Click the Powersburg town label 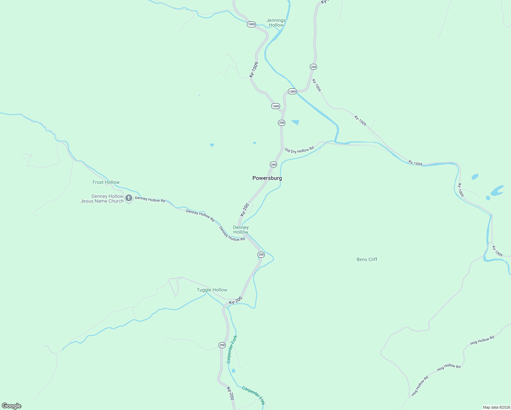coord(267,178)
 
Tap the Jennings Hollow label coord(276,23)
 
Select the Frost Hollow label coord(106,182)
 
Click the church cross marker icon coord(129,198)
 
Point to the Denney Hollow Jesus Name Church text coord(102,199)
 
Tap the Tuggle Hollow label coord(212,290)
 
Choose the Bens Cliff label coord(367,259)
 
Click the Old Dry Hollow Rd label coord(299,150)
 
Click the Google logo coord(12,406)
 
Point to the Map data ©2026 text coord(496,407)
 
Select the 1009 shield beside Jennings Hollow coord(251,24)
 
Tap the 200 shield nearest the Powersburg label coord(273,165)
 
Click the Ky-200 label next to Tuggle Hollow coord(236,300)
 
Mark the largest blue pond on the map coord(497,191)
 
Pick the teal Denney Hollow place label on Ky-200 coord(241,230)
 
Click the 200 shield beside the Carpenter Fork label coord(222,345)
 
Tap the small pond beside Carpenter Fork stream coord(234,371)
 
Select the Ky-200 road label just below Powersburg coord(245,210)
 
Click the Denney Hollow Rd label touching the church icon coord(150,199)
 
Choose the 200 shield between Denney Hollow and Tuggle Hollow coord(261,255)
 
